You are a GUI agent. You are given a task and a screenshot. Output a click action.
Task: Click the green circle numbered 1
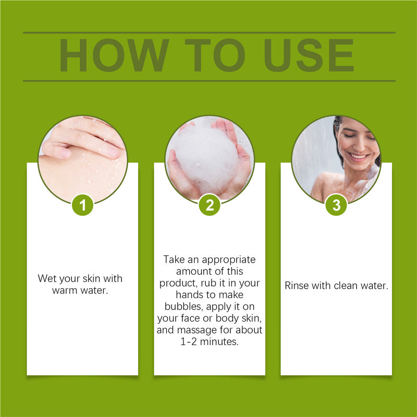click(82, 205)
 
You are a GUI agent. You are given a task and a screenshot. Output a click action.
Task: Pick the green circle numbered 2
click(210, 205)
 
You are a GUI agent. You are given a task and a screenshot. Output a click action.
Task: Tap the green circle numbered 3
click(336, 205)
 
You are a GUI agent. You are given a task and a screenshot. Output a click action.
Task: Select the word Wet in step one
click(47, 278)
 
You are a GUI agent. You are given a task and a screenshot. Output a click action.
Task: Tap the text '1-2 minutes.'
click(210, 342)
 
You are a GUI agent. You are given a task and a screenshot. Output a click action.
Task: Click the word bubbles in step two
click(176, 306)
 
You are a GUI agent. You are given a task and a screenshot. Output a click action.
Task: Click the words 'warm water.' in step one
click(80, 290)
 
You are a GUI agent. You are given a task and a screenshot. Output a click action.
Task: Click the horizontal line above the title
click(209, 32)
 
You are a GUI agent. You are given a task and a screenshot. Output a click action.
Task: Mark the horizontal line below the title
click(209, 81)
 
